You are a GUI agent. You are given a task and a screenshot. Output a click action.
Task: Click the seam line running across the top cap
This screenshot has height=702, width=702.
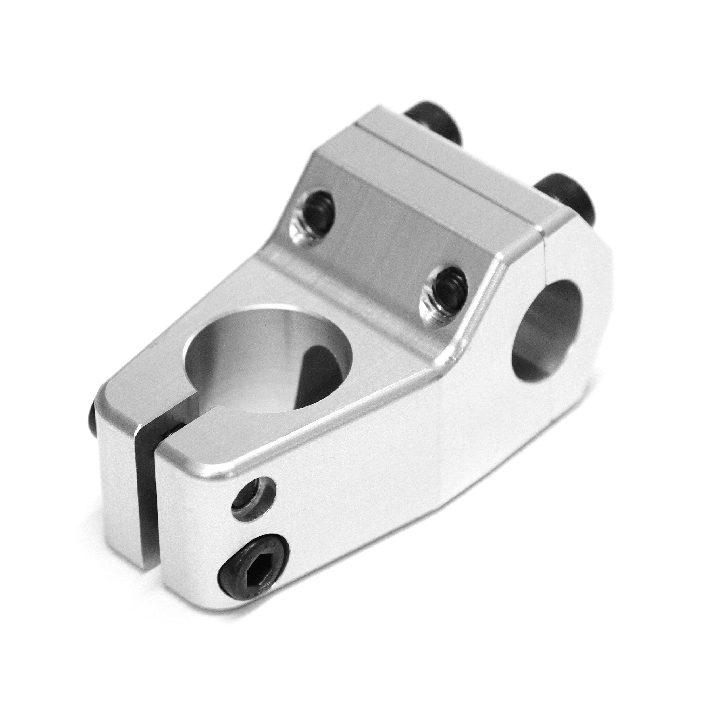click(x=447, y=178)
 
